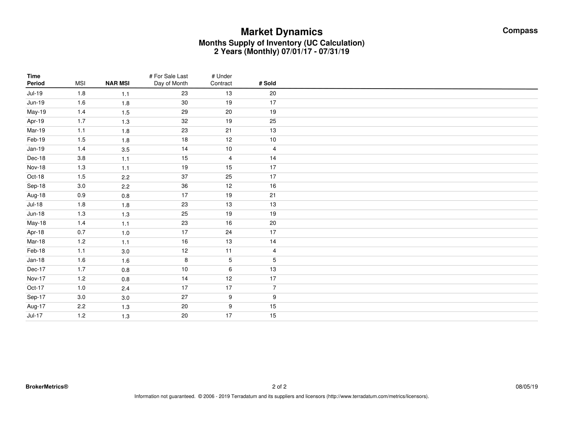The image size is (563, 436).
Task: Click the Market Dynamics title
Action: (281, 32)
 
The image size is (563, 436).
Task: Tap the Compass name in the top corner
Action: (520, 31)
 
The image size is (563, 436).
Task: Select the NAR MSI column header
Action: (117, 83)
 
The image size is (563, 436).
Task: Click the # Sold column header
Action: (267, 83)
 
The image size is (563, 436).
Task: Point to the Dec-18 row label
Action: (36, 158)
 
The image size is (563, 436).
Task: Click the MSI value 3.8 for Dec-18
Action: (81, 158)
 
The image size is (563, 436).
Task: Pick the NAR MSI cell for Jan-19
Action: (126, 150)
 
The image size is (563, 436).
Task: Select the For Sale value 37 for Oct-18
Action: (184, 177)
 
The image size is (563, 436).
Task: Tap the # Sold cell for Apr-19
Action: (273, 121)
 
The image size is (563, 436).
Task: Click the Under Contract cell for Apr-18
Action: (228, 232)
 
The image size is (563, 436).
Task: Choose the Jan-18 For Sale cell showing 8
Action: (186, 260)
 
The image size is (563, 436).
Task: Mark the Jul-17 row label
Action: (35, 316)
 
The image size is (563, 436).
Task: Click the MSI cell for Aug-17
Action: (81, 306)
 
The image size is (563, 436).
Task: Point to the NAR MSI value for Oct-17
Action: (126, 289)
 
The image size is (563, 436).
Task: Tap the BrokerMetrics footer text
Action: (47, 387)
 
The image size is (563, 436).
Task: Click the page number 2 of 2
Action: (279, 387)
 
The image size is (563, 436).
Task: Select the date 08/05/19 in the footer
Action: (527, 387)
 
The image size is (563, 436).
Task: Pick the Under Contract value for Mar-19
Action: (228, 130)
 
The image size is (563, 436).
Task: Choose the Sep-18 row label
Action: (36, 186)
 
